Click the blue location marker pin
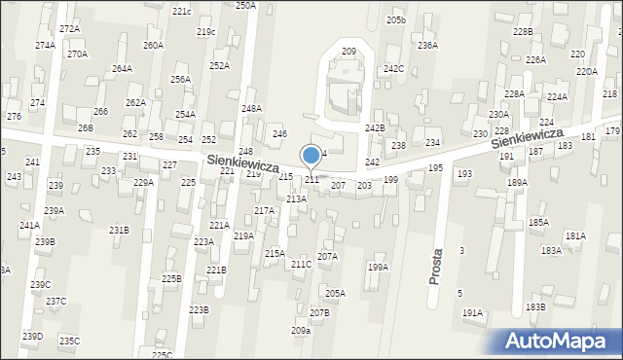tap(311, 155)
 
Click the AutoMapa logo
tap(561, 342)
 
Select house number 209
tap(348, 51)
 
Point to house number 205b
tap(395, 20)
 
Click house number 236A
tap(427, 45)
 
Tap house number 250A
tap(245, 6)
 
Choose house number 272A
tap(69, 29)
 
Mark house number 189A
tap(517, 182)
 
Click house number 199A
tap(378, 267)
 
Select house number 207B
tap(320, 312)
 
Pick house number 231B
tap(119, 230)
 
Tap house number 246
tap(279, 133)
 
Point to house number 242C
tap(393, 69)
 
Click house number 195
tap(435, 168)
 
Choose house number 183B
tap(535, 306)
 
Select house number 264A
tap(122, 69)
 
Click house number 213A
tap(296, 198)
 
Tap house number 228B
tap(524, 32)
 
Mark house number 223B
tap(199, 309)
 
